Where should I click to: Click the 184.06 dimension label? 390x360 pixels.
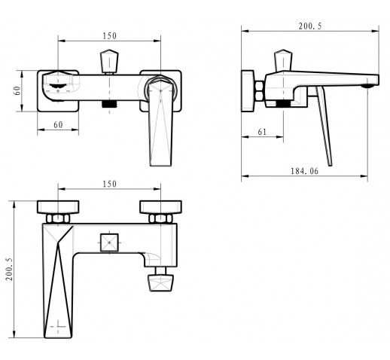click(x=304, y=171)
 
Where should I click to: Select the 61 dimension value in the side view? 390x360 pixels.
click(x=262, y=132)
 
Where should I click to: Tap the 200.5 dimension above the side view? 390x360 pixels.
click(x=310, y=26)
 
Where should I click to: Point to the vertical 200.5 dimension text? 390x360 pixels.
click(x=9, y=269)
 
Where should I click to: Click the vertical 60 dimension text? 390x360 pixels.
click(x=17, y=90)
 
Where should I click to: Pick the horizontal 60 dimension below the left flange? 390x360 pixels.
click(x=58, y=125)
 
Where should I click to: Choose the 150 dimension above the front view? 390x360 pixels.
click(x=110, y=36)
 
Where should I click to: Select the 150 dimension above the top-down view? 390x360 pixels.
click(x=110, y=184)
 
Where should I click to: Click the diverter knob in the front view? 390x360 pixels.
click(x=109, y=61)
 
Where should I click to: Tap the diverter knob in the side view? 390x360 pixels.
click(x=283, y=60)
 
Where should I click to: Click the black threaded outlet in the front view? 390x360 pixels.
click(x=109, y=104)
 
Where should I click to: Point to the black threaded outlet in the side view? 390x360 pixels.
click(x=283, y=103)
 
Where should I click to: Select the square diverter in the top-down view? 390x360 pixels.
click(x=109, y=243)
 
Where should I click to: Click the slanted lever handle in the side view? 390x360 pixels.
click(x=324, y=126)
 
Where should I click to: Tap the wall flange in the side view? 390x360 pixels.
click(x=248, y=91)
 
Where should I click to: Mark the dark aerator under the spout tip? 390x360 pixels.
click(x=368, y=87)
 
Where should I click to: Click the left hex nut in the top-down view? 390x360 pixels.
click(x=58, y=218)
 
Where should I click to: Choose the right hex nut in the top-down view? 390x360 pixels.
click(x=160, y=218)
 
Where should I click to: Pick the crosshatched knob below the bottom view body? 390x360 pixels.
click(x=160, y=282)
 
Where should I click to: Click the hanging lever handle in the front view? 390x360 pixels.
click(x=160, y=122)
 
